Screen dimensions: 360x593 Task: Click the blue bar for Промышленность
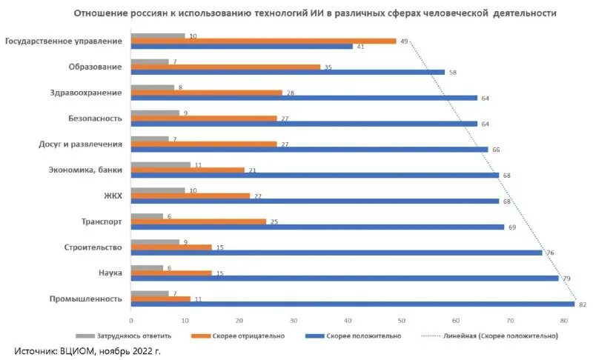click(x=353, y=304)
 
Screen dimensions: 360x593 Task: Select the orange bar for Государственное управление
click(x=263, y=41)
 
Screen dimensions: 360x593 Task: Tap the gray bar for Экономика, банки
click(x=161, y=164)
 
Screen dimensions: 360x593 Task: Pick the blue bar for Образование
click(x=288, y=72)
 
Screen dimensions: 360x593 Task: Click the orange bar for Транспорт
click(x=198, y=221)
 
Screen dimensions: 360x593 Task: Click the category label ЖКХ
click(x=112, y=195)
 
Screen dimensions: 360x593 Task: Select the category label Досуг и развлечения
click(x=79, y=144)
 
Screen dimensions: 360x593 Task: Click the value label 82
click(x=582, y=304)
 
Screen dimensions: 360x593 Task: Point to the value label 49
click(x=404, y=41)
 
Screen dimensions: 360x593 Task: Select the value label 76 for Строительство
click(x=549, y=253)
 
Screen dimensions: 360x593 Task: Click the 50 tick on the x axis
click(x=402, y=321)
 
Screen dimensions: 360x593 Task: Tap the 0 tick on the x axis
click(x=131, y=321)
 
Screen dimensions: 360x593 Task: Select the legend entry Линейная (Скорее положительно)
click(x=500, y=336)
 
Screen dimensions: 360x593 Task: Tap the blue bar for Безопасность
click(x=304, y=123)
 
